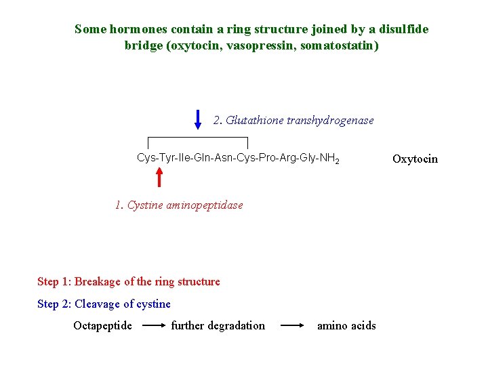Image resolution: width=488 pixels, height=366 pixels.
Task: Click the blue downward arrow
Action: coord(198,119)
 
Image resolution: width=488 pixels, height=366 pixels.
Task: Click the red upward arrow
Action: coord(159,176)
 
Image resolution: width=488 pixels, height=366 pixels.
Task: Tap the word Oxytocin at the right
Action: coord(415,159)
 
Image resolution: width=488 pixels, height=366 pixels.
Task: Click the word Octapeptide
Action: coord(102,325)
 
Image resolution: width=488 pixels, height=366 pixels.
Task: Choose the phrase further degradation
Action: coord(218,325)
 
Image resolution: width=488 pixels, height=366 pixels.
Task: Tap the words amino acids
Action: coord(346,325)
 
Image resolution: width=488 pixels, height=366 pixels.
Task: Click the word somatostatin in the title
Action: coord(343,46)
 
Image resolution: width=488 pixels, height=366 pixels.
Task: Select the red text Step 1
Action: coord(54,281)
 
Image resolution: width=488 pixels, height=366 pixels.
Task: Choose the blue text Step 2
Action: coord(54,304)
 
